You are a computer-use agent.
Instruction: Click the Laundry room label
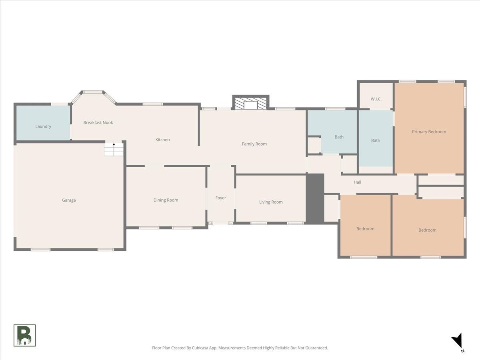43,126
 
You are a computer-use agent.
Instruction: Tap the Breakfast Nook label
98,123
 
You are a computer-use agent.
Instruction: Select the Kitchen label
162,140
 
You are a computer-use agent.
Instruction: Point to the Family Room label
254,144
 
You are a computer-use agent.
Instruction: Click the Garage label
69,200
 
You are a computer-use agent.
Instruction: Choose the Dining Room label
166,200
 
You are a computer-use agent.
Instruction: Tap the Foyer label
220,198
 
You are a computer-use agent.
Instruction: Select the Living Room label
271,202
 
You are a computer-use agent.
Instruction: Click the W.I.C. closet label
376,99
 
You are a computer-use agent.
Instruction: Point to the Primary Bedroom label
429,132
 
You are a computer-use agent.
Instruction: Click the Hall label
357,182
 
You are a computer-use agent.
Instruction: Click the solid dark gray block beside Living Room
315,198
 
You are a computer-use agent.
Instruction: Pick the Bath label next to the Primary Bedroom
376,140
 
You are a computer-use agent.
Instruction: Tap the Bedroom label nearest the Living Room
365,229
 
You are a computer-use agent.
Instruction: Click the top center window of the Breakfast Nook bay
93,92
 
